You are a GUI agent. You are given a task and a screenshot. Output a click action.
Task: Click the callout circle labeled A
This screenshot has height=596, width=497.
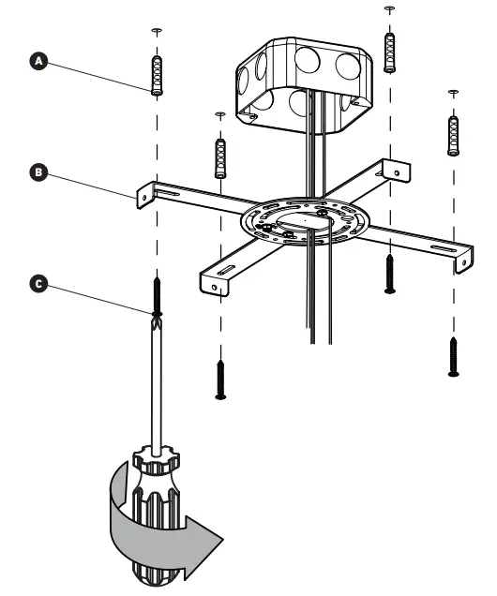pos(38,60)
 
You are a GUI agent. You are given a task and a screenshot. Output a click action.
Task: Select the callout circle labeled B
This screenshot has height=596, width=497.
pos(38,173)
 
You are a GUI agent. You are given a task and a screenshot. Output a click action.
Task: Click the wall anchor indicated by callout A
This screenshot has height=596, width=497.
pos(157,75)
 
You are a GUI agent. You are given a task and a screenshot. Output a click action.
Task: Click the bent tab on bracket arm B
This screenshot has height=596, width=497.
pos(145,194)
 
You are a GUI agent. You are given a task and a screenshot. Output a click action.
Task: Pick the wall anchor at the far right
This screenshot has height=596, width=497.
pos(454,136)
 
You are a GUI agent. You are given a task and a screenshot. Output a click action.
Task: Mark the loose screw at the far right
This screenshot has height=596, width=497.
pos(454,356)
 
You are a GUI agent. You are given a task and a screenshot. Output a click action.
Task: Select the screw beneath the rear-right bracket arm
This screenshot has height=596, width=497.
pos(389,274)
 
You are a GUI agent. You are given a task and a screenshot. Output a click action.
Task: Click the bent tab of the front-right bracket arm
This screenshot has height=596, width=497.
pos(463,261)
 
